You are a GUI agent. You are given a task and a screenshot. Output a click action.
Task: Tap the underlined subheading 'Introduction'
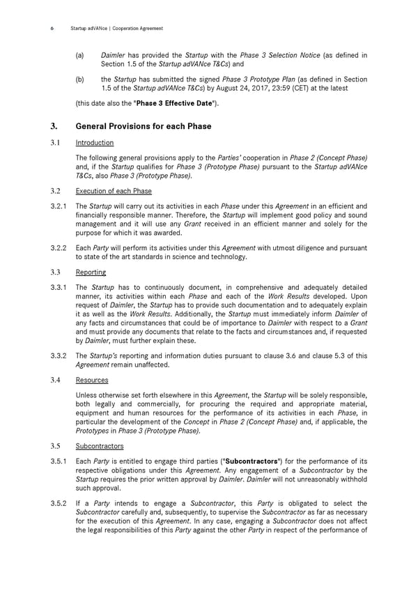point(94,143)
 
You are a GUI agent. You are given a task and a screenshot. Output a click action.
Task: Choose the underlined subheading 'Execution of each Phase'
point(113,191)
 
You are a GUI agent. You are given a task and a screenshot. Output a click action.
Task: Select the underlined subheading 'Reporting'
point(91,273)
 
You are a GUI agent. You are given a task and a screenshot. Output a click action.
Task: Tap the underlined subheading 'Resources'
point(92,381)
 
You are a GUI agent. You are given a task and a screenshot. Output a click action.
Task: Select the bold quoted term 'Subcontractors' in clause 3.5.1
point(251,461)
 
